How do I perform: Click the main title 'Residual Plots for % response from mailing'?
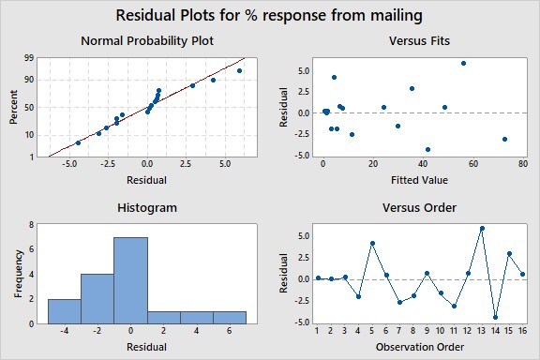click(270, 16)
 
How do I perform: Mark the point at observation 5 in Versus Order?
click(372, 244)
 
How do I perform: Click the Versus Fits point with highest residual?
click(463, 63)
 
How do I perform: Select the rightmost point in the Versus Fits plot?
click(504, 139)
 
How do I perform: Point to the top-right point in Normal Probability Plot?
click(239, 70)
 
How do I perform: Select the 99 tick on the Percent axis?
click(33, 58)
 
